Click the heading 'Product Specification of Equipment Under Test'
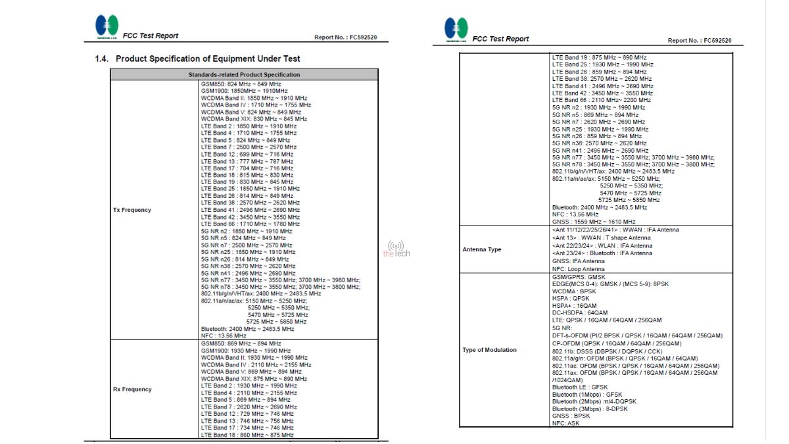click(208, 59)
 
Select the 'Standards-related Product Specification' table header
click(244, 74)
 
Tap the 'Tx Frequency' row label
click(132, 210)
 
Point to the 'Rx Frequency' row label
click(132, 389)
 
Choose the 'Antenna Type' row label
click(482, 250)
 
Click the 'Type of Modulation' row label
click(490, 350)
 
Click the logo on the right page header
click(456, 29)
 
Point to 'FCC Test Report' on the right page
click(500, 39)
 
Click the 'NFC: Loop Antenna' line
click(579, 269)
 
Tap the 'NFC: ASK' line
click(567, 424)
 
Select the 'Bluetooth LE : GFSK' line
click(580, 387)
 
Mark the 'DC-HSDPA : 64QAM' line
click(580, 313)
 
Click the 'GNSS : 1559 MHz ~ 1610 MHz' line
click(594, 222)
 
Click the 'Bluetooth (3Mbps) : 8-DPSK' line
click(590, 409)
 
